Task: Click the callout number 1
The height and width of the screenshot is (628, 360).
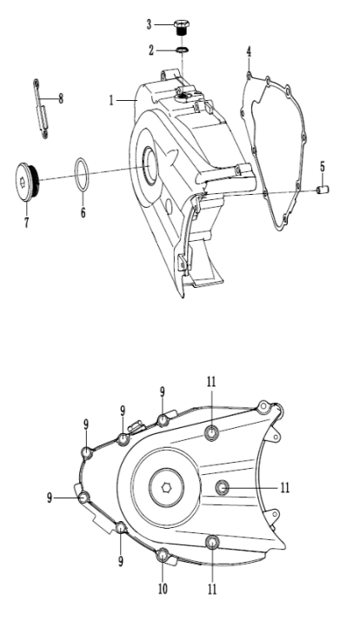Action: click(x=111, y=100)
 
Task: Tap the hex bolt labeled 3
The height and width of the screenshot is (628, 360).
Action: click(x=183, y=27)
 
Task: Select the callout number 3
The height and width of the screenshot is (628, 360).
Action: click(x=149, y=25)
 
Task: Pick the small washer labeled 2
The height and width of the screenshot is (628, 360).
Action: click(x=183, y=50)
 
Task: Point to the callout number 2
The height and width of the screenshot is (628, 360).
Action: click(x=151, y=50)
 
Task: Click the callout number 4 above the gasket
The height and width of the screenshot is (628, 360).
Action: click(x=249, y=52)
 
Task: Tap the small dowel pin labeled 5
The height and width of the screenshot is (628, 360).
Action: click(x=323, y=190)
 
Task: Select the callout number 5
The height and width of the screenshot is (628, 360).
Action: click(x=323, y=167)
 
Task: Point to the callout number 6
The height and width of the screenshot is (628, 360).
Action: click(x=83, y=212)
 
